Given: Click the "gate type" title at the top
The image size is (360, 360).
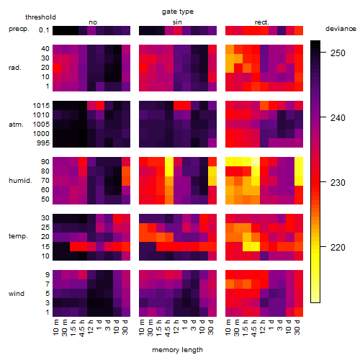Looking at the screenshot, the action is [x=178, y=12].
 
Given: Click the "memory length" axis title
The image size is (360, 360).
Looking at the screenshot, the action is [x=177, y=350].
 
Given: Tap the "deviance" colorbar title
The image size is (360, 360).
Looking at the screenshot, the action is [x=341, y=29].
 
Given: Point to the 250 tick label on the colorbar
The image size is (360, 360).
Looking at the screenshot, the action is [x=338, y=53].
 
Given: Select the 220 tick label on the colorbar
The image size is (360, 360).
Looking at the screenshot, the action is [x=338, y=247].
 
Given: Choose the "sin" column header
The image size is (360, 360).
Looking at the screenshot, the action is [x=177, y=22].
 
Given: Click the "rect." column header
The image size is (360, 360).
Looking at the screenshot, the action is [x=261, y=22].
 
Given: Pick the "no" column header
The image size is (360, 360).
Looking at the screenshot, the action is [x=93, y=22].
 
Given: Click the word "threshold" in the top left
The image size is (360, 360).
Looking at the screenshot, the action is [x=40, y=17].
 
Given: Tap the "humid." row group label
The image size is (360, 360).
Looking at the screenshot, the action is [x=20, y=180].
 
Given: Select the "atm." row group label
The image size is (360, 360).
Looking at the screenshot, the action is [x=16, y=125].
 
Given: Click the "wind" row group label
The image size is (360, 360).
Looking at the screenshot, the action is [x=17, y=293].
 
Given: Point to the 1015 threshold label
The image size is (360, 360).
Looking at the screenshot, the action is [x=41, y=106].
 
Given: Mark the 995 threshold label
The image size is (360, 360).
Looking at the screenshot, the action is [x=43, y=143].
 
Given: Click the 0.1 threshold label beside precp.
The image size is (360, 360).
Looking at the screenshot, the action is [x=44, y=30].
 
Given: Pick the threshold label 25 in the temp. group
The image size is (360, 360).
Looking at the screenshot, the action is [x=45, y=227].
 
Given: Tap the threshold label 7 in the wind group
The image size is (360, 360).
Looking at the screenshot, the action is [x=48, y=284].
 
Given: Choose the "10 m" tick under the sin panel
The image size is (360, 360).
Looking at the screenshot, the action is [x=142, y=327].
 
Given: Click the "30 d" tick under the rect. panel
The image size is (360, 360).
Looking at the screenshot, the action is [x=297, y=327].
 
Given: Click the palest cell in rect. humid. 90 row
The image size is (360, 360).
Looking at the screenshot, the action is [x=256, y=162].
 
